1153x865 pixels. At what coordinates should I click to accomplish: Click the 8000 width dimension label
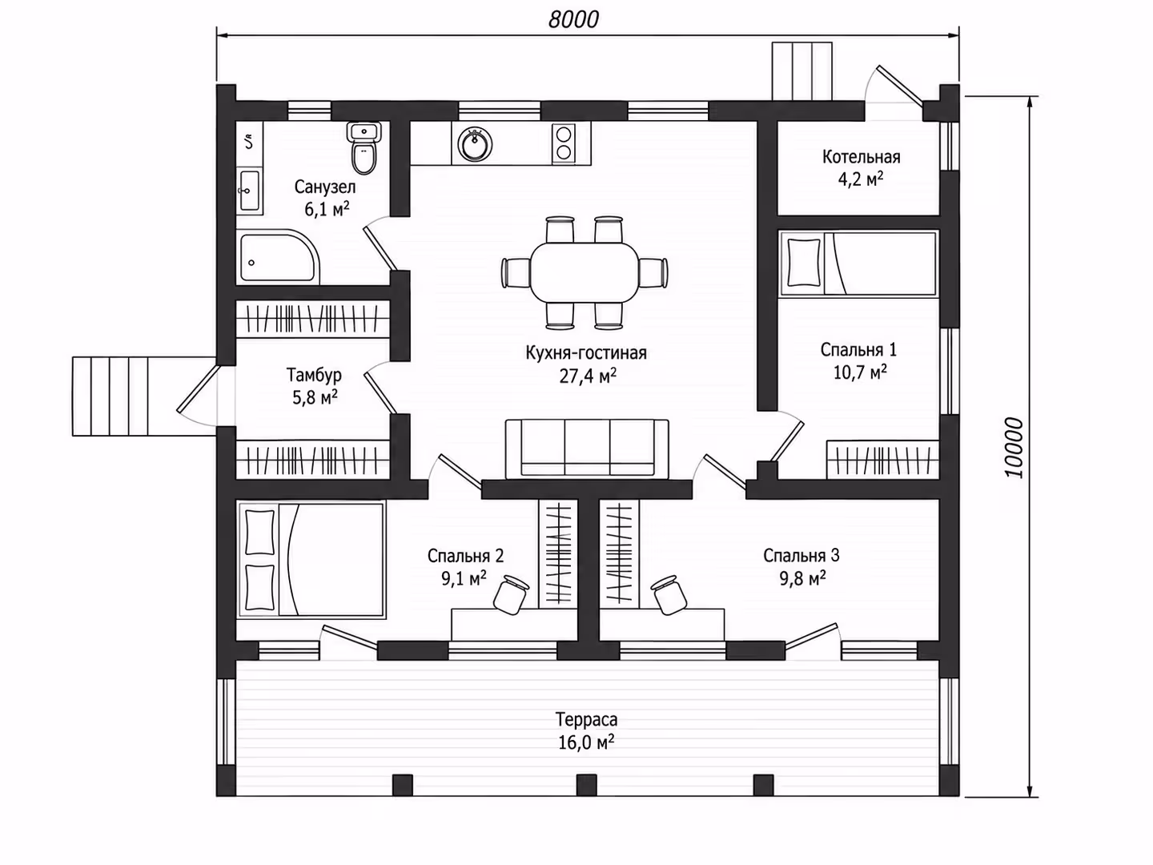(x=573, y=20)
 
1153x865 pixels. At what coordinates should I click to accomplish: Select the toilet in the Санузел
(x=364, y=149)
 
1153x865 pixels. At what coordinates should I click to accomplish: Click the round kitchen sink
(x=475, y=144)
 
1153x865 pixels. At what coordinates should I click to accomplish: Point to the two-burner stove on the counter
(x=563, y=143)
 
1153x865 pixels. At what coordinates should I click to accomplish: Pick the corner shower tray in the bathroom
(x=279, y=257)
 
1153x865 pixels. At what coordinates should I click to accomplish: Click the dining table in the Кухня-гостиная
(x=585, y=272)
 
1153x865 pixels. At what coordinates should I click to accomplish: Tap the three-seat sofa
(x=587, y=449)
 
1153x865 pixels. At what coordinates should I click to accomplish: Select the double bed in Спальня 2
(x=311, y=559)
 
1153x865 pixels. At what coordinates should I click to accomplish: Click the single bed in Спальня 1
(x=858, y=264)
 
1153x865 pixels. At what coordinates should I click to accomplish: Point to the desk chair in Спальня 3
(x=669, y=594)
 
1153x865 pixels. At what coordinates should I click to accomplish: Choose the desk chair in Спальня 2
(x=510, y=594)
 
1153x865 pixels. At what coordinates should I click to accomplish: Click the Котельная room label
(x=861, y=156)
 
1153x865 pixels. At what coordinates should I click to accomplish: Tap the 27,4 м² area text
(x=587, y=376)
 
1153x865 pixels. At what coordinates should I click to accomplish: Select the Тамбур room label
(x=314, y=375)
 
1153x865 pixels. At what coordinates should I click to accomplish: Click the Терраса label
(x=586, y=719)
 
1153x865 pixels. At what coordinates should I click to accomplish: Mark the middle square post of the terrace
(x=586, y=785)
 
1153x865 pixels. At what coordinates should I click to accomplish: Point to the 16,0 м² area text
(x=586, y=742)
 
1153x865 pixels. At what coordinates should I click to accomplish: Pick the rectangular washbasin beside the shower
(x=250, y=190)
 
